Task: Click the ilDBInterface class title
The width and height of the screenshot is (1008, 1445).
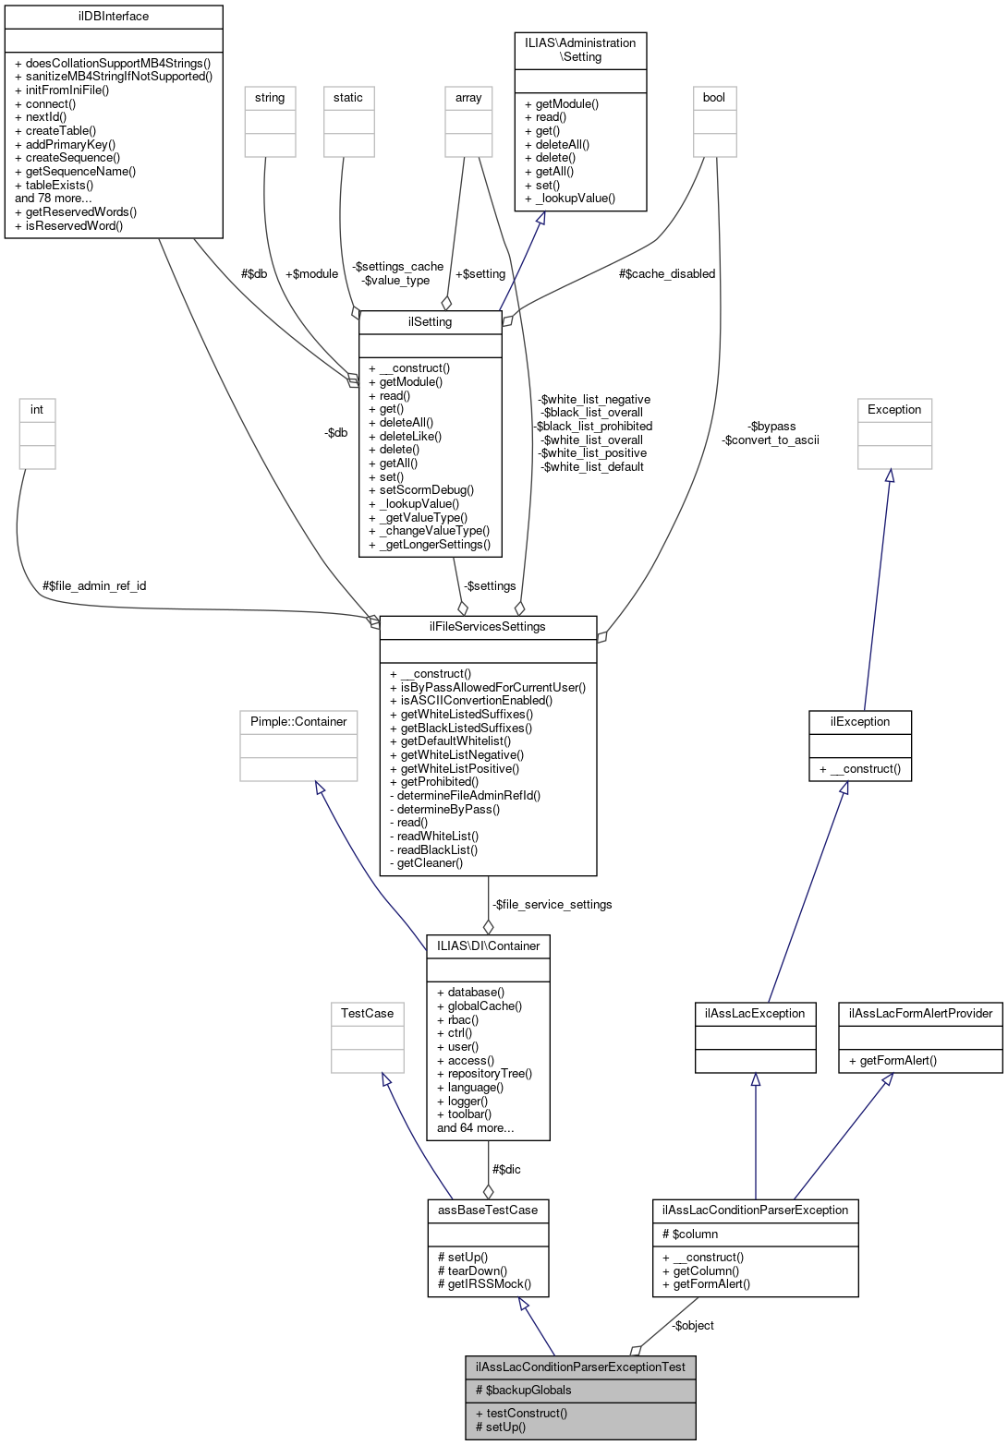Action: click(114, 17)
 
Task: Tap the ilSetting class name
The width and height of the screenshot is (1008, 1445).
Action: click(430, 322)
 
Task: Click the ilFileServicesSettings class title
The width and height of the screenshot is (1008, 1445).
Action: click(487, 627)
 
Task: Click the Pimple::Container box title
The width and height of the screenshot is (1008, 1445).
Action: click(298, 722)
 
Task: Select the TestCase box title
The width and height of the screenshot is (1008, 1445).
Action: click(367, 1014)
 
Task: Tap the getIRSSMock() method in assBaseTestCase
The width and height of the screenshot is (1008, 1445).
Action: click(484, 1283)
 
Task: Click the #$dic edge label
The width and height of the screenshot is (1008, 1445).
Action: click(506, 1170)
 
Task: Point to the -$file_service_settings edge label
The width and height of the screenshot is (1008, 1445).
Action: click(552, 905)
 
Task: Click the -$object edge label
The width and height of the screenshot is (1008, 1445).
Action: click(693, 1326)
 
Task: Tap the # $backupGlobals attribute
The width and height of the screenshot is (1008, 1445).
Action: click(523, 1391)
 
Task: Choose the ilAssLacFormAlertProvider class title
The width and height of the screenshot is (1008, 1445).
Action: click(919, 1014)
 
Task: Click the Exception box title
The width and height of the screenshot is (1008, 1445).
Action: click(893, 410)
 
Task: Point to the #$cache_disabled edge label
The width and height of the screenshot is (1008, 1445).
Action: click(667, 274)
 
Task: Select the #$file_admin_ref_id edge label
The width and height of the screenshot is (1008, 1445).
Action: click(94, 586)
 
